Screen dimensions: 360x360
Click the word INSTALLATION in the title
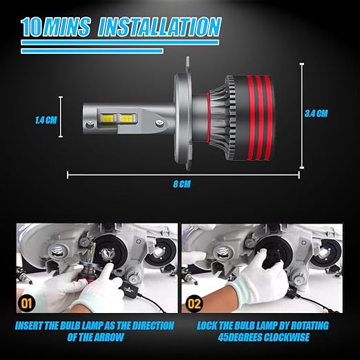click(x=159, y=27)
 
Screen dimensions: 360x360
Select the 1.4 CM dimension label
click(x=46, y=120)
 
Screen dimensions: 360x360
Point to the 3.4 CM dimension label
click(x=317, y=114)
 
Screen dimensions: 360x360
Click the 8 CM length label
click(x=182, y=184)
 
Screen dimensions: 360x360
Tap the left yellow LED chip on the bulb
click(x=108, y=119)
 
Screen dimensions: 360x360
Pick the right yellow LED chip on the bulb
click(x=126, y=119)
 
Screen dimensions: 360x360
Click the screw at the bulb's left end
click(x=90, y=124)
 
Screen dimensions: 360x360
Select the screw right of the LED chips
click(x=159, y=123)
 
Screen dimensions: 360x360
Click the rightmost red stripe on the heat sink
click(x=268, y=118)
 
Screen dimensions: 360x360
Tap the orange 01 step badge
click(x=26, y=303)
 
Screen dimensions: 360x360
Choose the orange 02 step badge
click(x=194, y=303)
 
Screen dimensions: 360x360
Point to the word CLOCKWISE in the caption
click(x=286, y=337)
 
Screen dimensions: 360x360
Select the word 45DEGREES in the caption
click(x=239, y=337)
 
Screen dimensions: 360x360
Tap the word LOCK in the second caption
click(x=207, y=326)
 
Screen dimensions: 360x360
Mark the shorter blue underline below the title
click(x=92, y=51)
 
